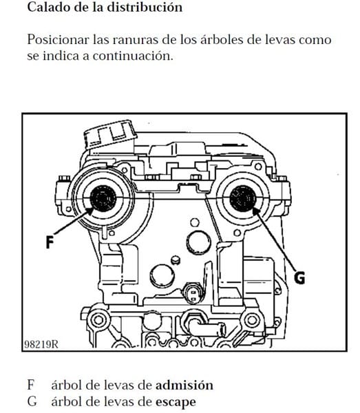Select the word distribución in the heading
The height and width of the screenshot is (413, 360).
coord(145,7)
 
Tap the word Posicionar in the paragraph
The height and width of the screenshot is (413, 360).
coord(59,40)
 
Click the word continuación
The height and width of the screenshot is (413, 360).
coord(133,56)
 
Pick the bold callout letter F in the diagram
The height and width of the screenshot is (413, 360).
coord(50,242)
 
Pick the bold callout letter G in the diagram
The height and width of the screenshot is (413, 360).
coord(299,277)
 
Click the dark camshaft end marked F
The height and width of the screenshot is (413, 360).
coord(103,198)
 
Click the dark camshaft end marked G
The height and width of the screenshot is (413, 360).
coord(242,198)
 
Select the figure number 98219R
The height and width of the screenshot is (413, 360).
coord(41,344)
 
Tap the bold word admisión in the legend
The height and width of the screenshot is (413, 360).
coord(184,385)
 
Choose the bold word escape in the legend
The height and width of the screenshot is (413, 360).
coord(176,403)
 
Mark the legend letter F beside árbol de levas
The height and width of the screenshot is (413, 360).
coord(31,385)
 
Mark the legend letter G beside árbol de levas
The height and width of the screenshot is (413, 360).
coord(32,402)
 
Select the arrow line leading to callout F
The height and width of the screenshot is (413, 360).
coord(74,220)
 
